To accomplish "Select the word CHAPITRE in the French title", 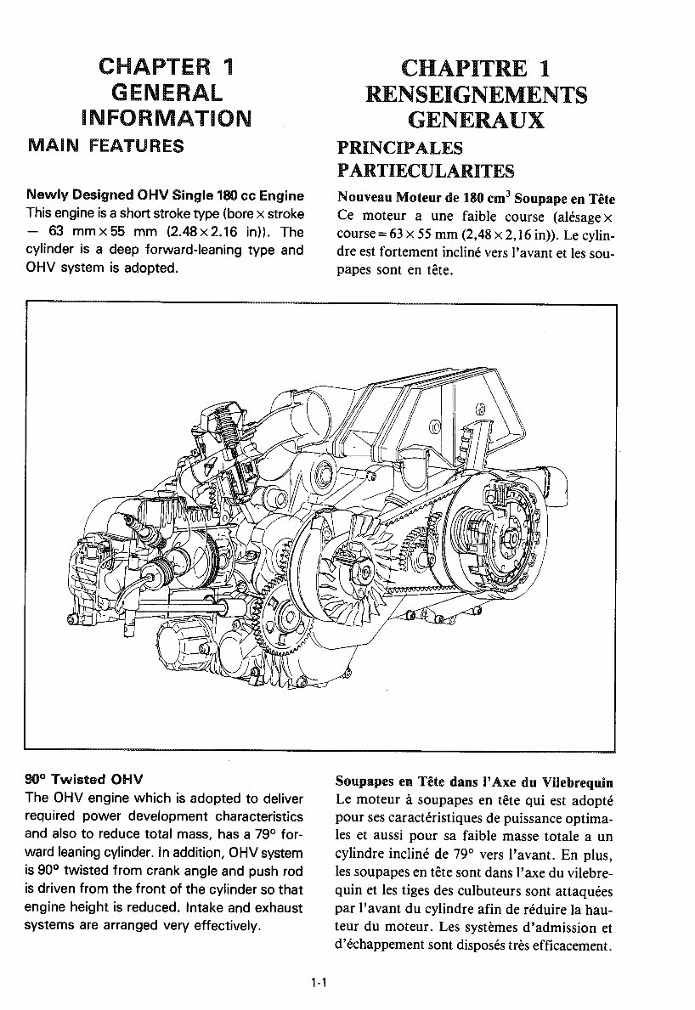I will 451,69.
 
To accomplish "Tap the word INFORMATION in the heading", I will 167,116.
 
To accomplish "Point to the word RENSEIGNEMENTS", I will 476,94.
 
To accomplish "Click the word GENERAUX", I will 475,120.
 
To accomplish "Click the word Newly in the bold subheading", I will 47,196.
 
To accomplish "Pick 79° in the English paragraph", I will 249,835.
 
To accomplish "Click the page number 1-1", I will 319,984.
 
